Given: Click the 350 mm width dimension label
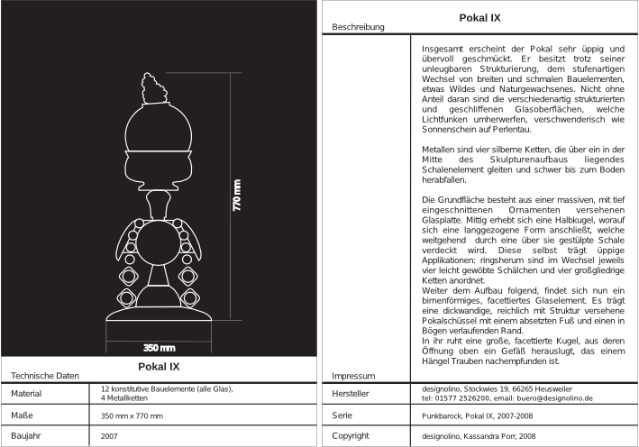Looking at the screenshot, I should [160, 347].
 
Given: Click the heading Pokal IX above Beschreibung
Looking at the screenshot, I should [480, 17].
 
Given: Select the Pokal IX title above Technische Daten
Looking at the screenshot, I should [159, 367].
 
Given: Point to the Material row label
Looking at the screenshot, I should [27, 394].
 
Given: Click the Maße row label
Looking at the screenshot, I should [22, 415].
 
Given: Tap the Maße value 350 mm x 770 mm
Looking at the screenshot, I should [132, 415].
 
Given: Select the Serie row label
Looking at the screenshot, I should [342, 415].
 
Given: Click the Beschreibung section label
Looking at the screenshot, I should [359, 27].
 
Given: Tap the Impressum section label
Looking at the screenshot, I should [353, 375].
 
